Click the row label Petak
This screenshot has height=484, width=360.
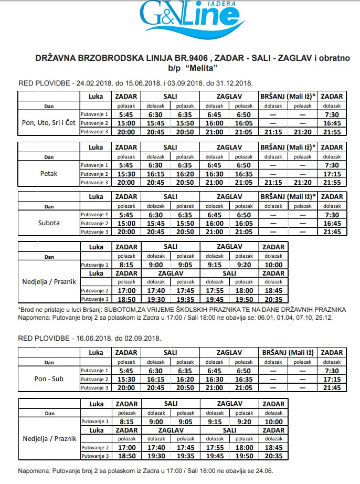pyautogui.click(x=49, y=173)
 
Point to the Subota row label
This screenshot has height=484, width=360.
pyautogui.click(x=49, y=223)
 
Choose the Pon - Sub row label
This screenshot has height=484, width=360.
pyautogui.click(x=49, y=379)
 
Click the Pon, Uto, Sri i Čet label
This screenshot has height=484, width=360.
pyautogui.click(x=49, y=123)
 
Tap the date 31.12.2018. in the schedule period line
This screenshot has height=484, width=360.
pyautogui.click(x=230, y=83)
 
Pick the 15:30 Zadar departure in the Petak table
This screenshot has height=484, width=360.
pyautogui.click(x=126, y=173)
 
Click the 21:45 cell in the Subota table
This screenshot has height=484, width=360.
pyautogui.click(x=332, y=232)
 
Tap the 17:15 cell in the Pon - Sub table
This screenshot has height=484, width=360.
pyautogui.click(x=332, y=379)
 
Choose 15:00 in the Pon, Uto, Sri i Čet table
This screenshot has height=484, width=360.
pyautogui.click(x=126, y=123)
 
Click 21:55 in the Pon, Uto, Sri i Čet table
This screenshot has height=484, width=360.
pyautogui.click(x=332, y=132)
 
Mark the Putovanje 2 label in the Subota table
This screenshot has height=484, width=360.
pyautogui.click(x=94, y=223)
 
